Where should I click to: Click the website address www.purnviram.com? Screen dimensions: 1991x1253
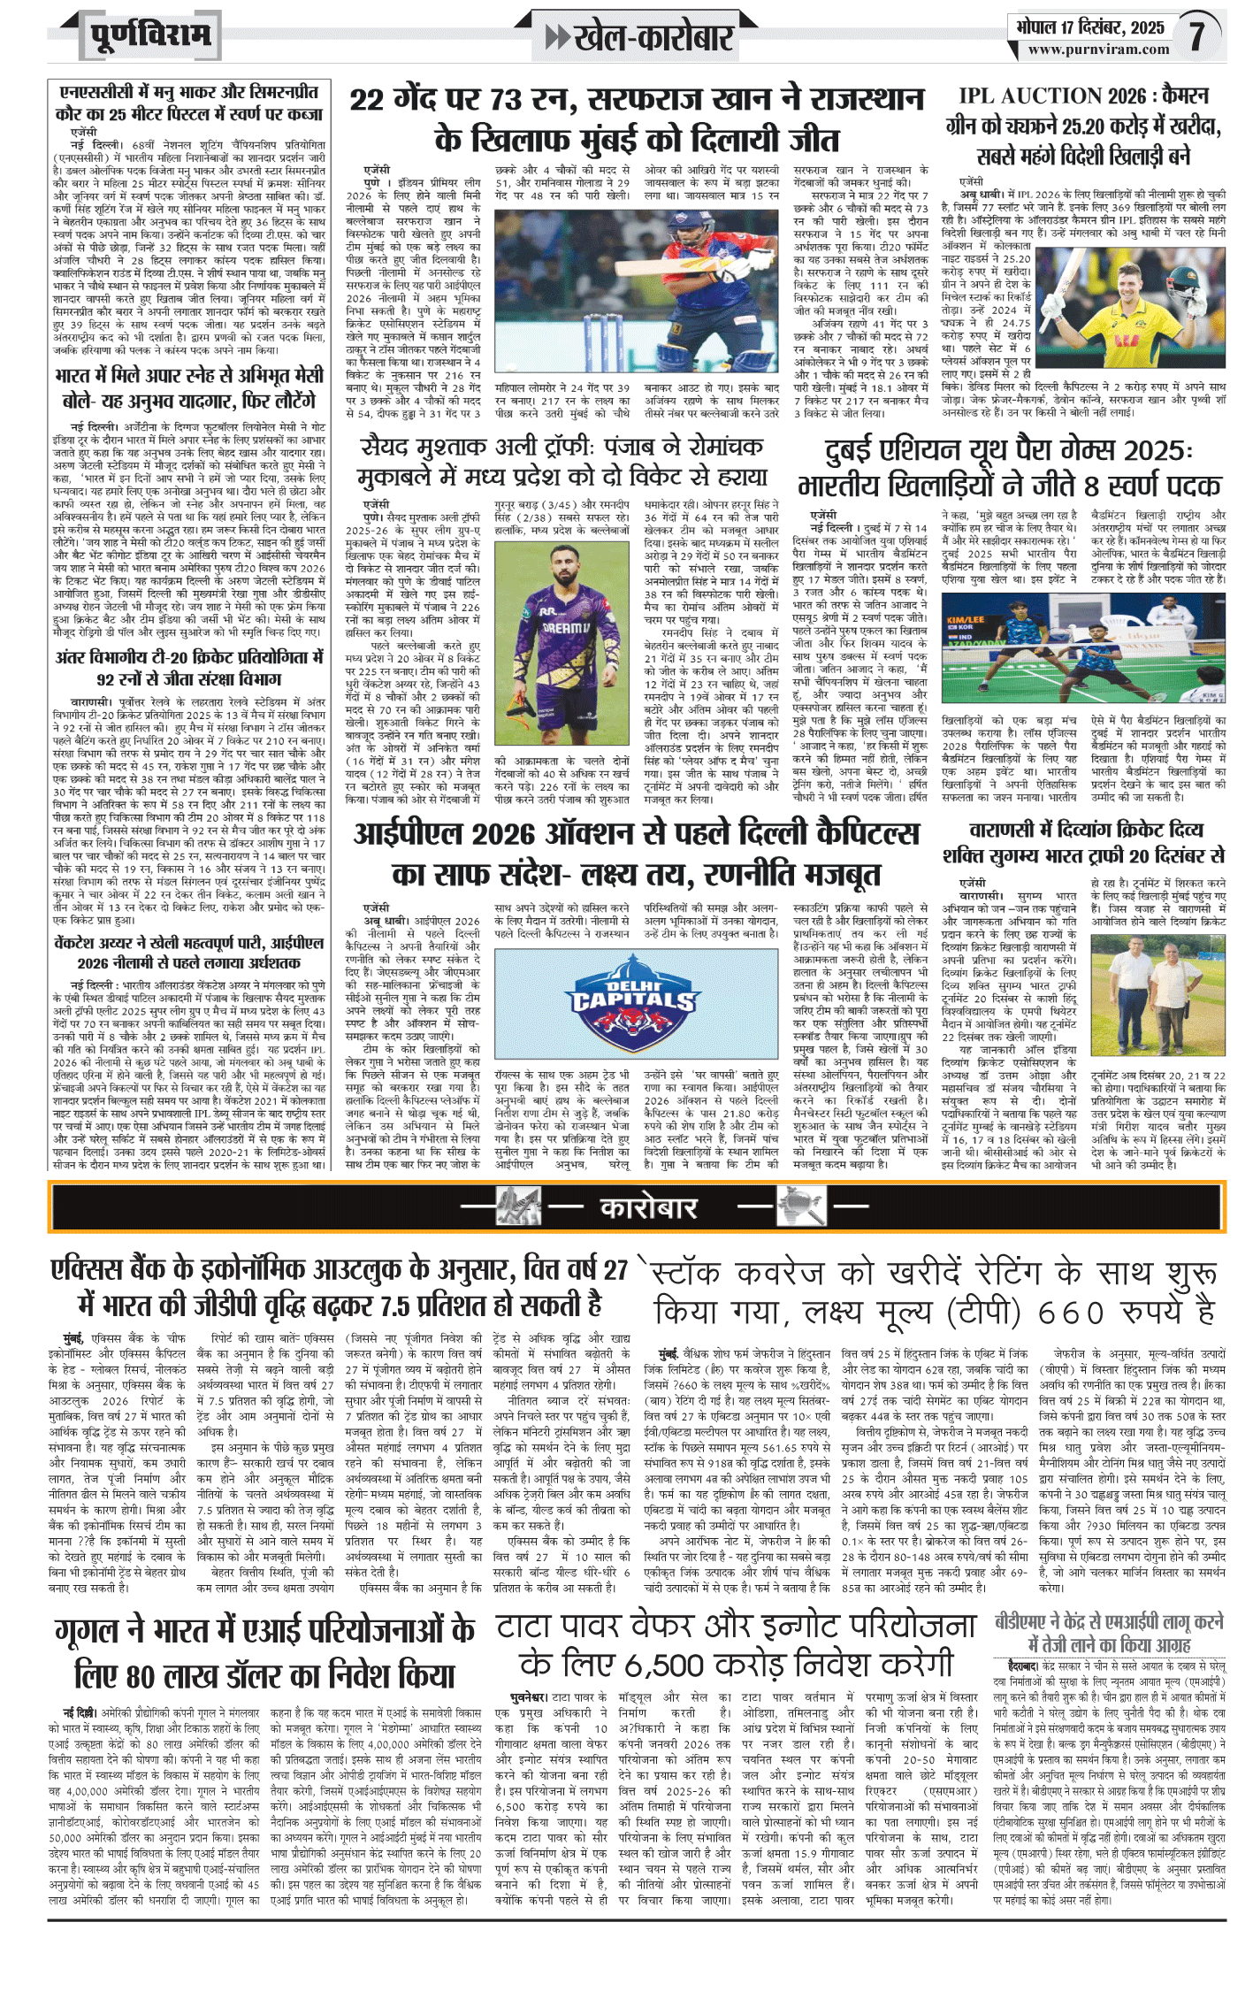point(1098,50)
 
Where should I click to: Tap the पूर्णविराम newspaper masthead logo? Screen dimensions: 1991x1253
point(150,36)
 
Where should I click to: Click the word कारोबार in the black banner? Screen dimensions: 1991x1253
point(648,1207)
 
